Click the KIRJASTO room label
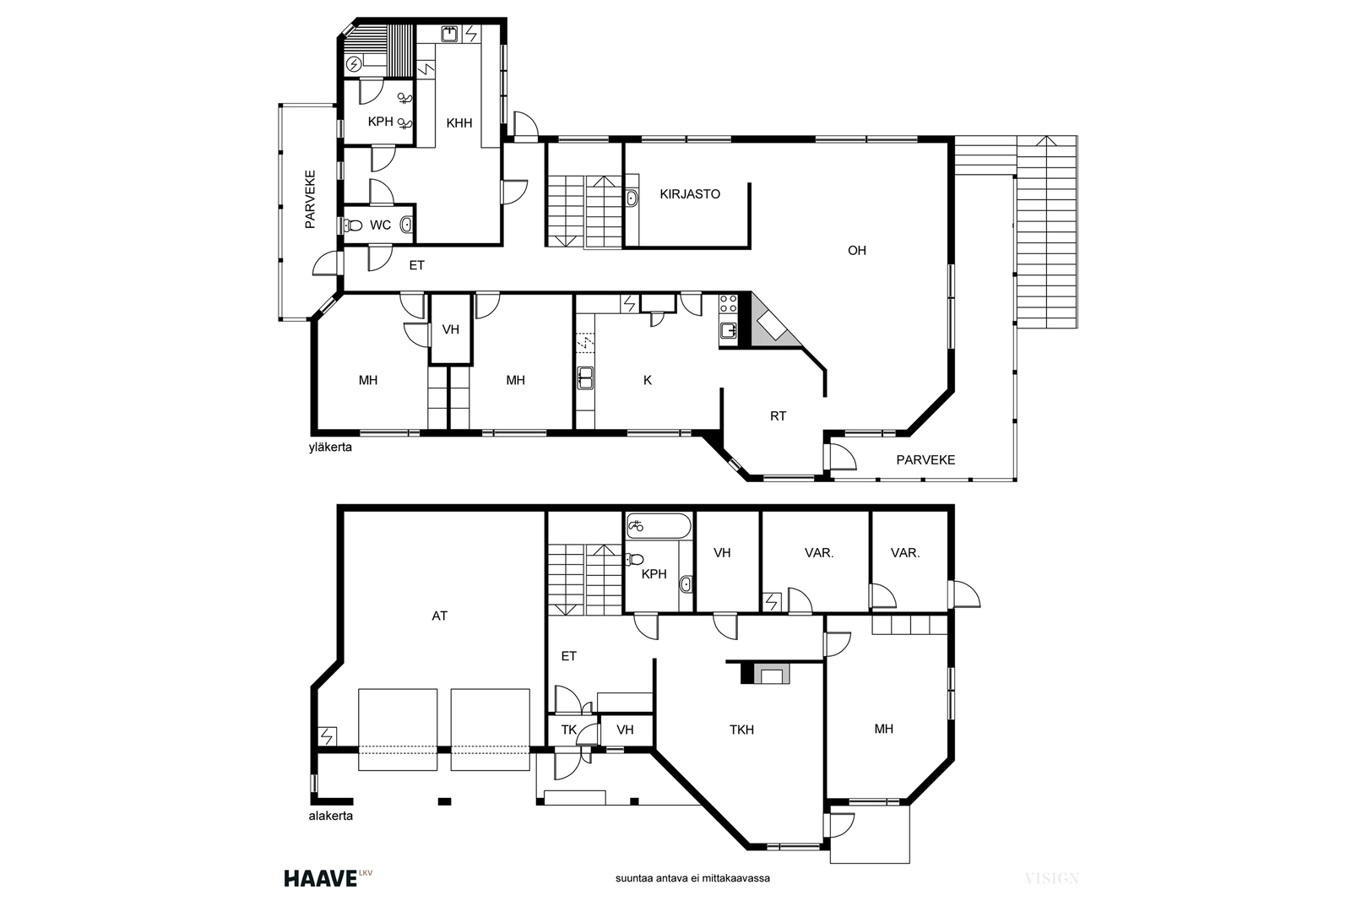pyautogui.click(x=689, y=194)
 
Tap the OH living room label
pyautogui.click(x=856, y=250)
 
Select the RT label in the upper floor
pyautogui.click(x=778, y=416)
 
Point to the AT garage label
pyautogui.click(x=440, y=616)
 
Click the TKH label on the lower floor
pyautogui.click(x=742, y=730)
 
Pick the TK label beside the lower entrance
pyautogui.click(x=569, y=730)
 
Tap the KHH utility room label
pyautogui.click(x=459, y=123)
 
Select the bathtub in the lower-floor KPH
pyautogui.click(x=659, y=526)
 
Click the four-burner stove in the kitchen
pyautogui.click(x=729, y=303)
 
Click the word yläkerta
pyautogui.click(x=330, y=448)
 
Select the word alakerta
pyautogui.click(x=330, y=816)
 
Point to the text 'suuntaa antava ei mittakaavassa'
pyautogui.click(x=692, y=878)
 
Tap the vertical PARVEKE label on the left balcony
pyautogui.click(x=310, y=199)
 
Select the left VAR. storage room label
pyautogui.click(x=819, y=552)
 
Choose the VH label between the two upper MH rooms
pyautogui.click(x=451, y=329)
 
